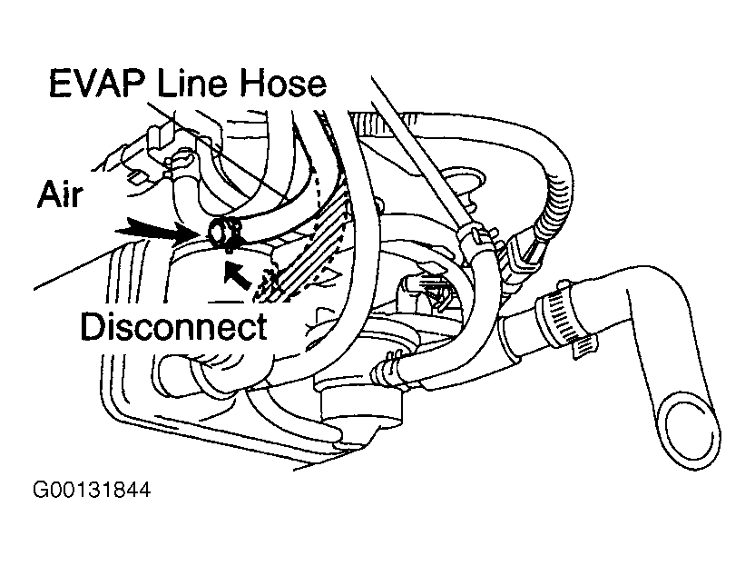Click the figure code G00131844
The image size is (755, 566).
(91, 492)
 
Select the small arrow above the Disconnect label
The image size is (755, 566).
(238, 273)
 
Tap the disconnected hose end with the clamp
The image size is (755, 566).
(221, 233)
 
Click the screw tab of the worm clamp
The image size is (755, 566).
(585, 346)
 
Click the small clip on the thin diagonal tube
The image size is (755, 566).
(478, 237)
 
